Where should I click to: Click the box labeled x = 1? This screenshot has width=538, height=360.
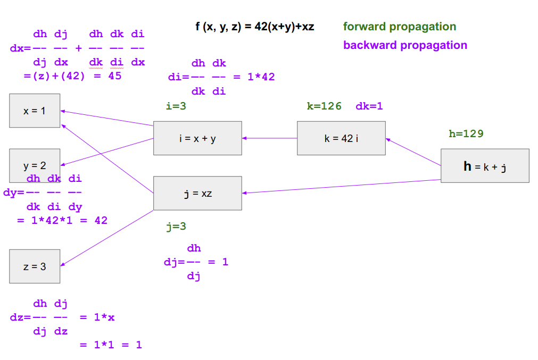pos(35,111)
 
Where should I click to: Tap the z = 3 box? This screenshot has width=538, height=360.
pos(35,266)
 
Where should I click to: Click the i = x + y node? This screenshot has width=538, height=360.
pos(197,138)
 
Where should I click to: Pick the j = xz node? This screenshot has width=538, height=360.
pos(197,193)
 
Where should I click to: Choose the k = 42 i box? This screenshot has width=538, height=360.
pos(341,138)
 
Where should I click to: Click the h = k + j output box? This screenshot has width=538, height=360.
pos(485,166)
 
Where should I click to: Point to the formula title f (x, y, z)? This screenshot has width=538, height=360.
pos(255,27)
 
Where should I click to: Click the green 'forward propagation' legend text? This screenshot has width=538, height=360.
pos(400,27)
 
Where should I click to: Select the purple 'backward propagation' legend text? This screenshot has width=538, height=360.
pos(405,45)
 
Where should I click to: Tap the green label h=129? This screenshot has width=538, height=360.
pos(466,134)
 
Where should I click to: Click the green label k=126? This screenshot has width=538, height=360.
pos(324,106)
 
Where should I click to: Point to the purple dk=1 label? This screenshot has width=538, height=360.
pos(369,106)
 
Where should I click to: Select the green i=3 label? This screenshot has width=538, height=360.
pos(176,106)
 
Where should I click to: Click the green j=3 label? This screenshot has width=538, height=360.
pos(176,227)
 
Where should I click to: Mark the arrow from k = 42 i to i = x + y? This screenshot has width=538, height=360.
pos(270,138)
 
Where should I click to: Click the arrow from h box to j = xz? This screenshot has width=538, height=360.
pos(341,186)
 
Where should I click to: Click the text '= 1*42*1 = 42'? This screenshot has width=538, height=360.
pos(62,220)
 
